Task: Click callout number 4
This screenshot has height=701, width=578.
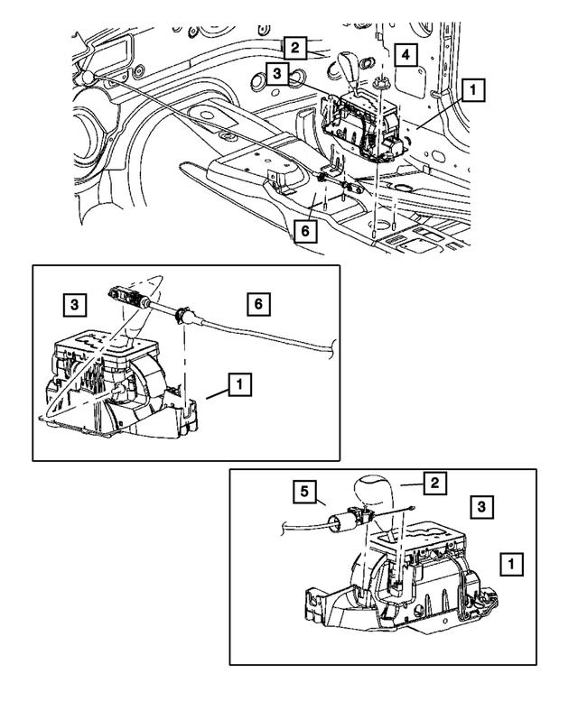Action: pyautogui.click(x=406, y=56)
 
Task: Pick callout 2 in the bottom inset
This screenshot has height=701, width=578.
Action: pyautogui.click(x=434, y=484)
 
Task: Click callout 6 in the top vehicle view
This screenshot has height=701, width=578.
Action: pyautogui.click(x=305, y=231)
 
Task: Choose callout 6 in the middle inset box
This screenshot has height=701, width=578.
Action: pyautogui.click(x=257, y=305)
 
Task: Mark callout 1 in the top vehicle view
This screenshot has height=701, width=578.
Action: pyautogui.click(x=473, y=90)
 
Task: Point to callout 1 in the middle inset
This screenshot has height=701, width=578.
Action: pyautogui.click(x=239, y=386)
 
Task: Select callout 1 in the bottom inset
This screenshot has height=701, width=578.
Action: pyautogui.click(x=511, y=565)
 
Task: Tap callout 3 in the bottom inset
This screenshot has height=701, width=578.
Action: pyautogui.click(x=484, y=508)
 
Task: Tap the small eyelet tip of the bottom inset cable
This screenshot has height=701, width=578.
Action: pyautogui.click(x=411, y=511)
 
